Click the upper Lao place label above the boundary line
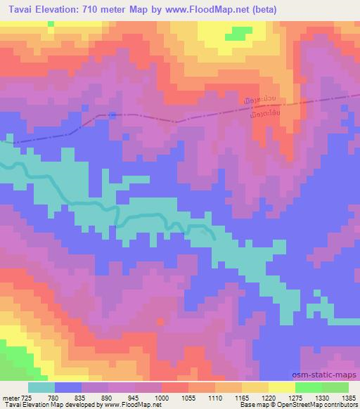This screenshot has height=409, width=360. [264, 100]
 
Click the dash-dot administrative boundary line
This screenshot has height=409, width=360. [176, 120]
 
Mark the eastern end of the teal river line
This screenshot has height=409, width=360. [213, 237]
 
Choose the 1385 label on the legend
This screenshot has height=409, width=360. [349, 397]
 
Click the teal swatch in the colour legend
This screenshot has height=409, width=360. [41, 387]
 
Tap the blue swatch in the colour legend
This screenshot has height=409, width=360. [68, 387]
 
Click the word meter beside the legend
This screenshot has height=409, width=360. [11, 397]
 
